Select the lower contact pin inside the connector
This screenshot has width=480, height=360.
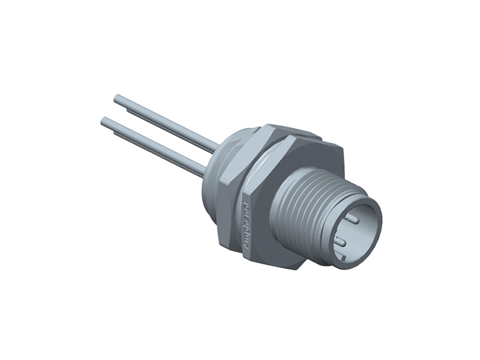(x=339, y=242)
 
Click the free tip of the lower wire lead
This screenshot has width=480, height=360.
(x=104, y=122)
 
